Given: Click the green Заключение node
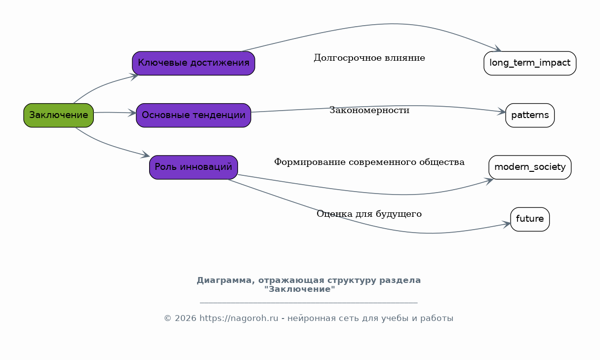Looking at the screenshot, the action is click(x=58, y=115).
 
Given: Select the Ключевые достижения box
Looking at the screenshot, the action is click(x=194, y=63).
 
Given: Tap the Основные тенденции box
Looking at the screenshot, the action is click(x=194, y=115).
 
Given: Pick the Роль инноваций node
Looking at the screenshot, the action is click(x=194, y=167).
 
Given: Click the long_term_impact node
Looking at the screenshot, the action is click(x=530, y=63).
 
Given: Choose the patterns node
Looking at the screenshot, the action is click(x=530, y=115).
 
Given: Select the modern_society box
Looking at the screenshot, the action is click(x=530, y=167).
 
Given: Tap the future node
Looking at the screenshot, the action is click(x=530, y=219).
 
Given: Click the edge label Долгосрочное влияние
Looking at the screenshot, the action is click(x=369, y=58).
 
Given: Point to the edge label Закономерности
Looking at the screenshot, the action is click(x=369, y=110).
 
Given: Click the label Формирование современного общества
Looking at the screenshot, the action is click(x=369, y=162).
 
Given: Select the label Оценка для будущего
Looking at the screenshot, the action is click(x=369, y=214).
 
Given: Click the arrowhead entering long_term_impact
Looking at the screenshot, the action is click(x=498, y=48).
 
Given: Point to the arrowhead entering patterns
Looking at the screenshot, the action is click(x=501, y=112).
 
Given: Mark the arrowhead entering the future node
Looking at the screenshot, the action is click(x=507, y=224).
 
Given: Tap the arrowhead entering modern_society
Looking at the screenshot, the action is click(x=489, y=181).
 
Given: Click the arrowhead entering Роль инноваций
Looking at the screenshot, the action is click(x=146, y=155).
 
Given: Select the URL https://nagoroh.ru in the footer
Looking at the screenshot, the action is click(x=239, y=318).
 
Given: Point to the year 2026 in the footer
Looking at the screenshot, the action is click(x=185, y=318).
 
